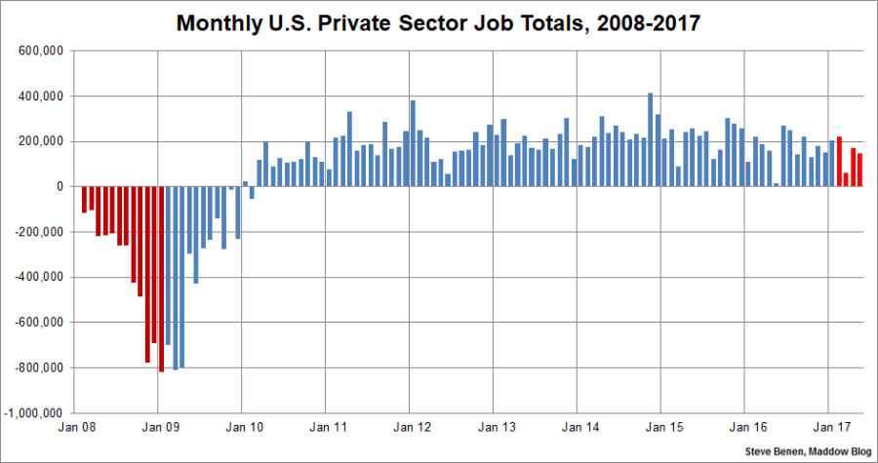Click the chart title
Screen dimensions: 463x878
439,22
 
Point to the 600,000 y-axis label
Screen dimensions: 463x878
38,52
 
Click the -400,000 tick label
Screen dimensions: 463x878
38,278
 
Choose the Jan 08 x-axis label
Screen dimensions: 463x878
76,428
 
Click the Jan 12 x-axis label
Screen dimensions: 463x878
410,428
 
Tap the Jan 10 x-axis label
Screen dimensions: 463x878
244,428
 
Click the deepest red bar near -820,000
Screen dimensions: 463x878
161,279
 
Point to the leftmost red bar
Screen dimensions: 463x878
84,199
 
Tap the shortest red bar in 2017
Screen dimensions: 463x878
846,179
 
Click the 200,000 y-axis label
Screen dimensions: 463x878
38,142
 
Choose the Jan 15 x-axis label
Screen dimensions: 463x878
660,428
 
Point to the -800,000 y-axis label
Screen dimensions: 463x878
38,368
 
